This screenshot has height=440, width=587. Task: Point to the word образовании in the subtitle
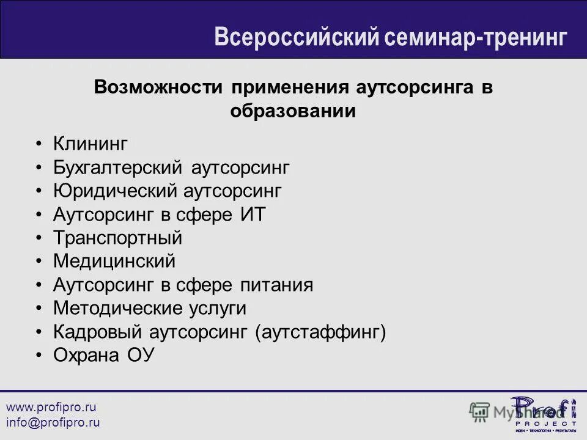click(x=293, y=111)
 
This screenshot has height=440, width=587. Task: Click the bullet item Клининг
click(x=90, y=144)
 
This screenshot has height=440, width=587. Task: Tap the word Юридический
click(x=114, y=191)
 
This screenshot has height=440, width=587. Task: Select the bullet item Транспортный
click(x=117, y=238)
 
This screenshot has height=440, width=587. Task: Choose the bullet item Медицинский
click(x=114, y=262)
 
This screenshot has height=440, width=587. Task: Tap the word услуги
click(x=218, y=309)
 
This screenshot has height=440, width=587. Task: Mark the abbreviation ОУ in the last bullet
click(x=140, y=355)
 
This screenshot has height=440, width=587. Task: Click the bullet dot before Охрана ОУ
click(x=39, y=356)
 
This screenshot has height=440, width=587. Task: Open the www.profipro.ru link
click(x=51, y=407)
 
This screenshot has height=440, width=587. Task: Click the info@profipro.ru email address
click(x=53, y=422)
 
